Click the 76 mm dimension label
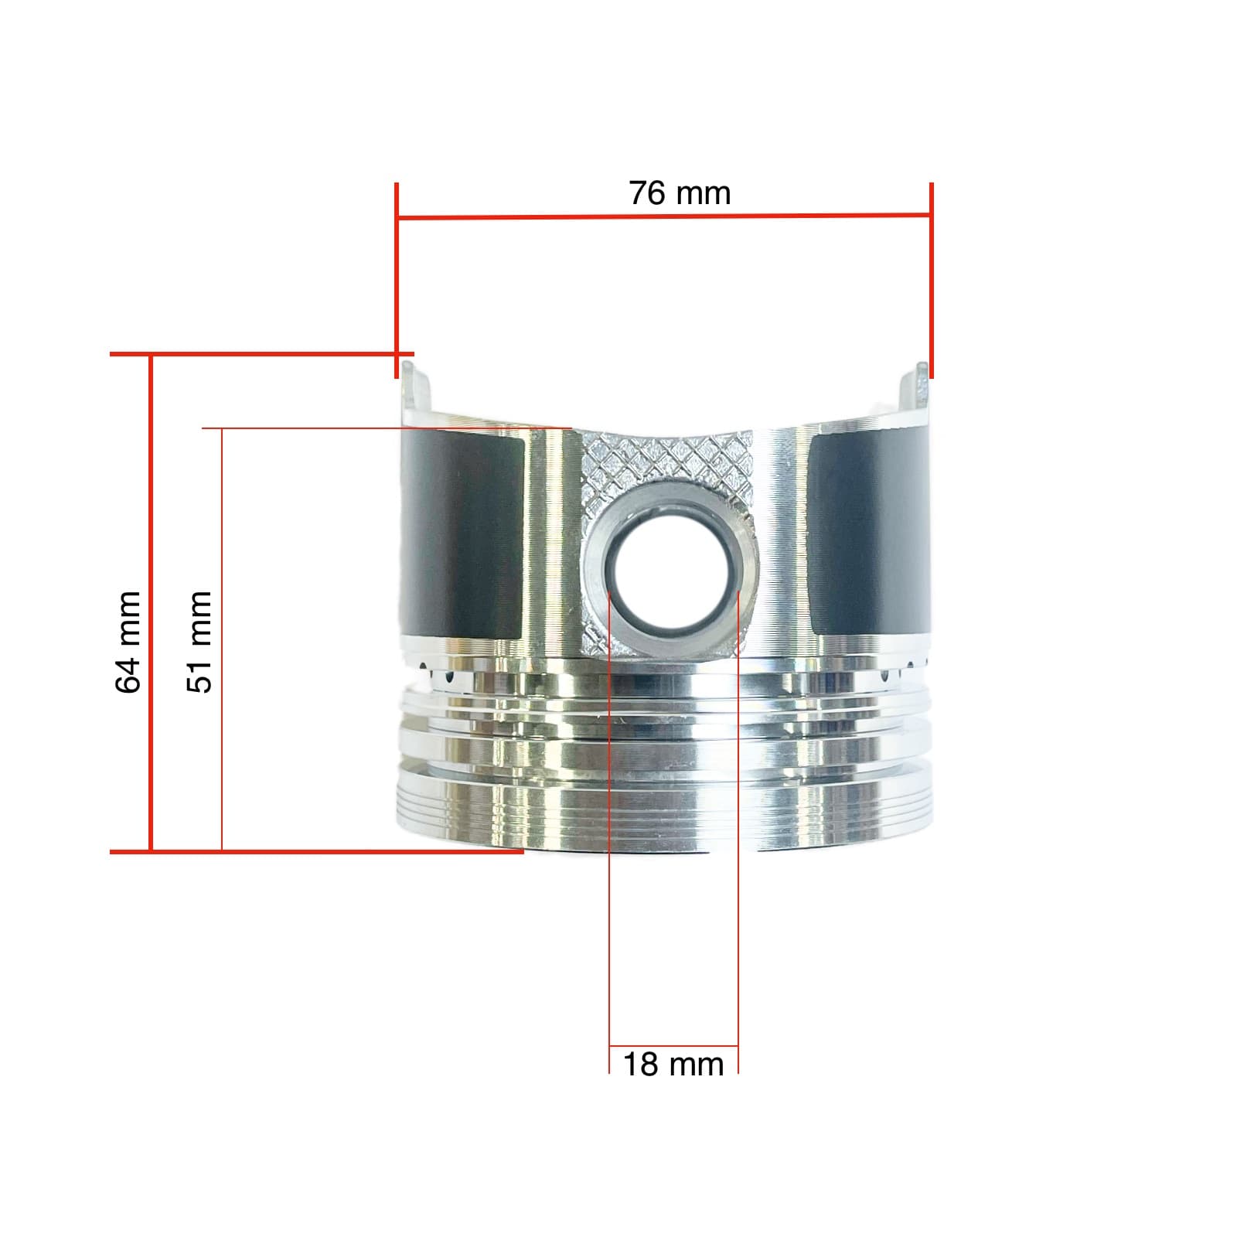(679, 193)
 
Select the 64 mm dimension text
(128, 642)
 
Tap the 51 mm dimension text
(199, 642)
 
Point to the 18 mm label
(673, 1065)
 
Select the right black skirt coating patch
(870, 533)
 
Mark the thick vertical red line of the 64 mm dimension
(151, 603)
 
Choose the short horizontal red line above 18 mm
(673, 1047)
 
